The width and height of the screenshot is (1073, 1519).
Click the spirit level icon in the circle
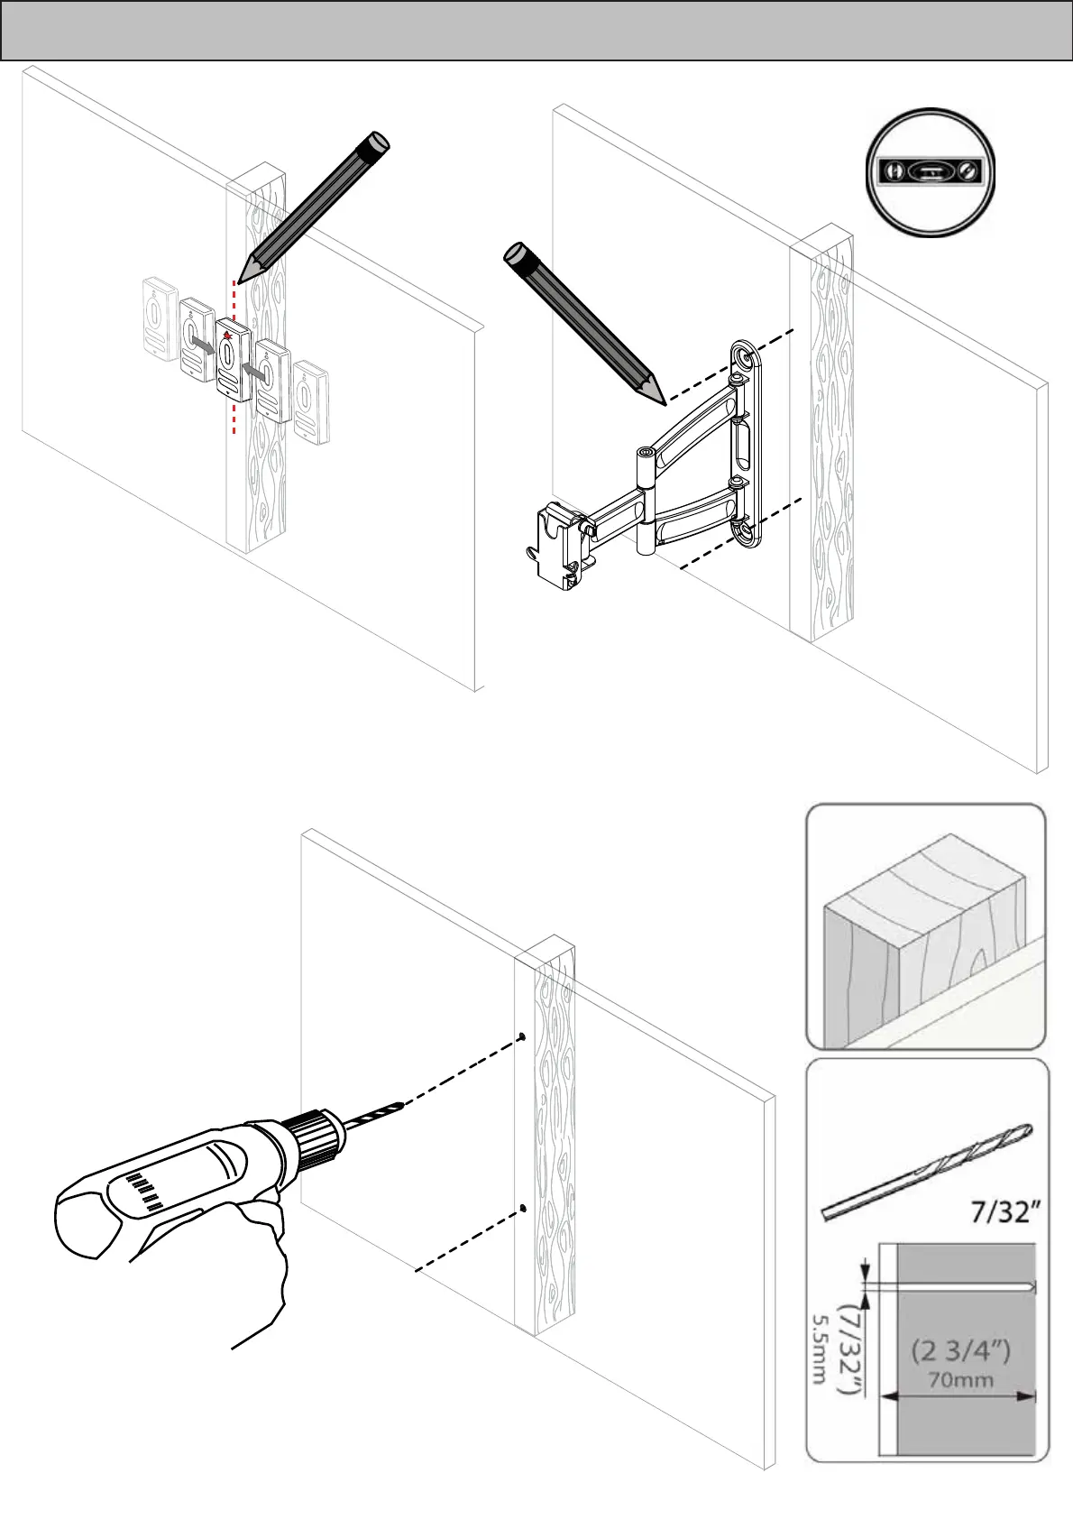(x=931, y=170)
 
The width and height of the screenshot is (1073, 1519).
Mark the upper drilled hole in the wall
(x=522, y=1037)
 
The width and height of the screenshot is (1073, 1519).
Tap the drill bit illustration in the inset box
(x=927, y=1172)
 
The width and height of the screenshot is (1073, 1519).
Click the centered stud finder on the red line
(x=233, y=359)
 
